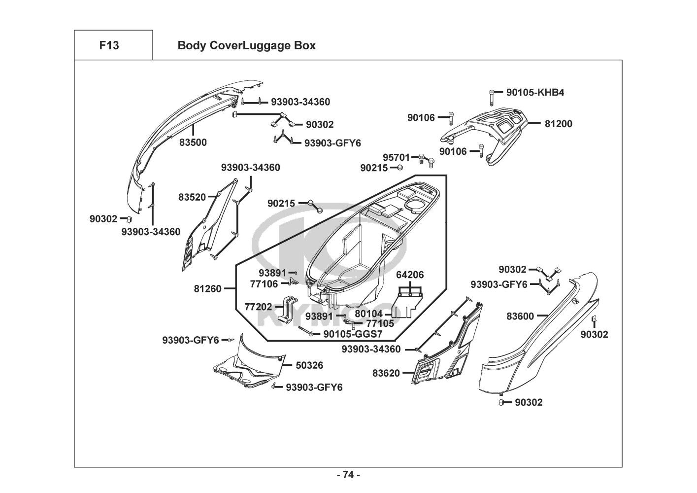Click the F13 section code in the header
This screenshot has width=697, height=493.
click(109, 45)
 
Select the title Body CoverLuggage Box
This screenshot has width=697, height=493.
click(246, 46)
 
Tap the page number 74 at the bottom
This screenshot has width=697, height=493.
click(348, 475)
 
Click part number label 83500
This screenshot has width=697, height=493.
click(193, 142)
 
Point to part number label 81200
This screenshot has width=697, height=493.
click(559, 124)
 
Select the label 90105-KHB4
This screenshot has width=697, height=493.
click(535, 92)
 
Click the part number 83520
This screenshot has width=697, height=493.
click(192, 197)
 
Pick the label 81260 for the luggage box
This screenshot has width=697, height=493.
click(207, 289)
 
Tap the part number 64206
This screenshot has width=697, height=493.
click(410, 275)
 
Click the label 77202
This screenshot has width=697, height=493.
click(258, 307)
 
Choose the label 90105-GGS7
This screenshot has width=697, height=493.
click(353, 334)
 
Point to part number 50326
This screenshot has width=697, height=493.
click(309, 365)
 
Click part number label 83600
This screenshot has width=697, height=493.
click(520, 316)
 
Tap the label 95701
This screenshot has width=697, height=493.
click(396, 157)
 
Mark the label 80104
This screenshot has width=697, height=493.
click(368, 314)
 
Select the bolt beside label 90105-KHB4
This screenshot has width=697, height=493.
click(492, 97)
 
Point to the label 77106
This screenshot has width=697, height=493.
click(264, 283)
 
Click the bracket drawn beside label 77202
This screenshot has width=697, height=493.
click(289, 308)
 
